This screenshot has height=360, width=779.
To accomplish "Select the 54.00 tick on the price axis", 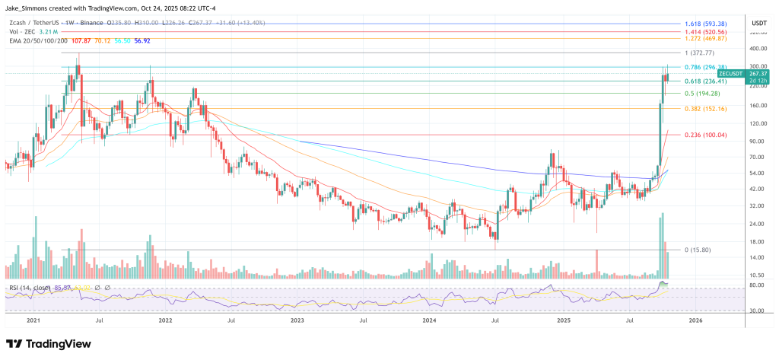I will tap(758, 173).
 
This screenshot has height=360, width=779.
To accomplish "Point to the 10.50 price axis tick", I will tap(758, 275).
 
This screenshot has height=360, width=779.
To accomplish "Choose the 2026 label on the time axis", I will tap(696, 321).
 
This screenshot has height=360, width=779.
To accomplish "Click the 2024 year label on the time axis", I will tap(430, 321).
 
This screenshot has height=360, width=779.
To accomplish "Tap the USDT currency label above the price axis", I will tap(758, 24).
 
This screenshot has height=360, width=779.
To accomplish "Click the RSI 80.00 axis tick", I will tap(758, 285).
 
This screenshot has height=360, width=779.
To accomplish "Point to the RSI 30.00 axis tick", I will tap(758, 310).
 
